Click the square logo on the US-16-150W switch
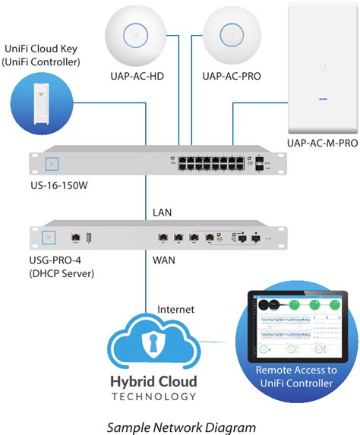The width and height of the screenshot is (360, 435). point(53,163)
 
